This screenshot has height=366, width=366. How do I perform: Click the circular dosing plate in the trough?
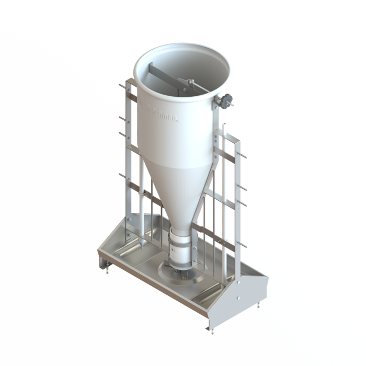click(178, 272)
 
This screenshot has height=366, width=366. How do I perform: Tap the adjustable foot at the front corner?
click(212, 329)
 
